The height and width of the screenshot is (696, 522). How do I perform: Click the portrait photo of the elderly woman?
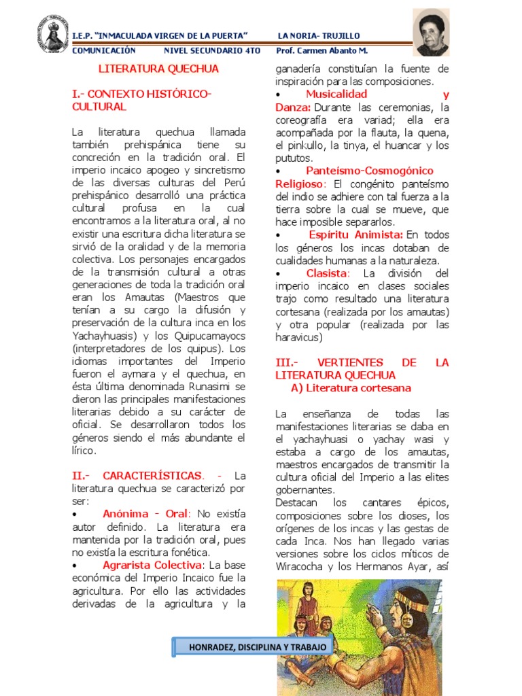click(x=431, y=33)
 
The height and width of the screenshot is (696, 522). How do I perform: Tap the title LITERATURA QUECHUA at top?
click(x=159, y=69)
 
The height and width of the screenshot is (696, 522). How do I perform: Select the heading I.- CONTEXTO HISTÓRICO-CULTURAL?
click(x=141, y=100)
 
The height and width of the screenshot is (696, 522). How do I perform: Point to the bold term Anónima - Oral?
click(x=145, y=513)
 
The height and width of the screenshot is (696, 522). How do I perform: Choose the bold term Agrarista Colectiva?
click(x=152, y=565)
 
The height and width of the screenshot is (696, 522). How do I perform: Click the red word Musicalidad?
click(x=336, y=94)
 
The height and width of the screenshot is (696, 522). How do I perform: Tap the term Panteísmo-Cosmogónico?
click(x=369, y=171)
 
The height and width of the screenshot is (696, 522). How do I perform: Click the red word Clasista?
click(x=327, y=273)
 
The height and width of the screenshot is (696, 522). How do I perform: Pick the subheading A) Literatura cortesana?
click(x=351, y=388)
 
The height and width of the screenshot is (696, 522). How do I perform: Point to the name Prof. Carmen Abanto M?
click(x=322, y=50)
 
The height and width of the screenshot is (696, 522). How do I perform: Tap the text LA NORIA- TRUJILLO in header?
click(x=319, y=35)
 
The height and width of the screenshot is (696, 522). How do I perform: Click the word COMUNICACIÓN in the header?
click(x=103, y=50)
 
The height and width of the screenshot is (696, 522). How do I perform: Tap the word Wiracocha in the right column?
click(x=302, y=566)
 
